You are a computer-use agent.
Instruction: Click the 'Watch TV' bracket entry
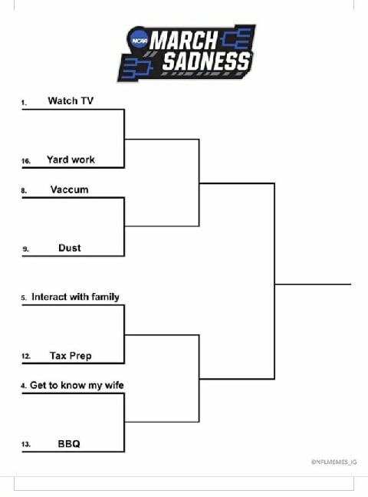tap(71, 100)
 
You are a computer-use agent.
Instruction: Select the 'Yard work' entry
tap(71, 160)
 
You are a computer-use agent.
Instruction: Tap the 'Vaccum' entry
tap(70, 189)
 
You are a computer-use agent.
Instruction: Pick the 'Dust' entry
tap(70, 248)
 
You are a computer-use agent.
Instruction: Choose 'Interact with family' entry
tap(75, 297)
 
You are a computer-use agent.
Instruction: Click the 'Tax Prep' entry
tap(71, 355)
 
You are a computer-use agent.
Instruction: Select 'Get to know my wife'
tap(77, 385)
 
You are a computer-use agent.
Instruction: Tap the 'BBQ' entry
tap(69, 443)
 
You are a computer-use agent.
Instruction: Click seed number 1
tap(24, 102)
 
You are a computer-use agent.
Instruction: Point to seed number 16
tap(25, 161)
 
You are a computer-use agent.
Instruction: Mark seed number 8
tap(24, 191)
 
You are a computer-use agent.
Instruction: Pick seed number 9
tap(24, 249)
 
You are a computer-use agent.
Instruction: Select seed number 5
tap(24, 298)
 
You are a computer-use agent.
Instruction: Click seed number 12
tap(25, 357)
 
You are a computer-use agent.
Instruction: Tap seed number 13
tap(25, 445)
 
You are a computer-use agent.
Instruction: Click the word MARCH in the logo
tap(184, 41)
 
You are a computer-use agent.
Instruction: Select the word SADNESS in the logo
tap(205, 61)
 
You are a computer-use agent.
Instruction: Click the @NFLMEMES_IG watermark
tap(334, 462)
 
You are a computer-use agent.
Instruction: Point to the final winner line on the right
tap(313, 284)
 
